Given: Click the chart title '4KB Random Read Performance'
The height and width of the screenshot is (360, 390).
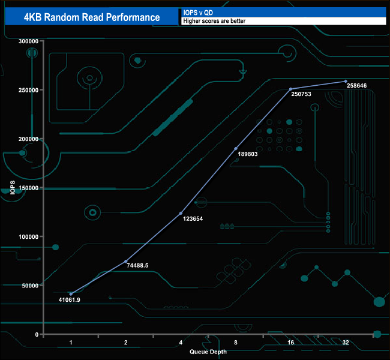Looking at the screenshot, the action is (x=92, y=17).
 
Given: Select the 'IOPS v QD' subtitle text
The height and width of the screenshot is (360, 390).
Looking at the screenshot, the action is (x=198, y=13).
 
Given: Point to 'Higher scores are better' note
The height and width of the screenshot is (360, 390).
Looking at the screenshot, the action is (x=214, y=21).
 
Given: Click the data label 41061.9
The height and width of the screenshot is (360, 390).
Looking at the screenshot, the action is (x=70, y=300).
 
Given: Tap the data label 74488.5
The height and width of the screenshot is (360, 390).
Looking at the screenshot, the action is (x=137, y=265).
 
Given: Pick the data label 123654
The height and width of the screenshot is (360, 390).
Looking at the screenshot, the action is (x=193, y=218).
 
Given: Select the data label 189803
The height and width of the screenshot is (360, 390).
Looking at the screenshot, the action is (x=248, y=154).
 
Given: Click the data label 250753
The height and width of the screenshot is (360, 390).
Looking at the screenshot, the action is (x=301, y=94).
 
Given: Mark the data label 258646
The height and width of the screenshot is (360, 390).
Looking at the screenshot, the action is (x=356, y=86).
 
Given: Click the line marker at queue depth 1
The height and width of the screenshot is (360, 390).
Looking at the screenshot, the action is (x=71, y=294).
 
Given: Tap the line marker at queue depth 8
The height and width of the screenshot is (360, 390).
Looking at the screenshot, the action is (x=236, y=149).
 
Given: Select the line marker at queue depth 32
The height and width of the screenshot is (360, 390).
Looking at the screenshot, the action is (x=346, y=82).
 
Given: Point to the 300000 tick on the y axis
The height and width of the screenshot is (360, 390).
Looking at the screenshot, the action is (x=28, y=41).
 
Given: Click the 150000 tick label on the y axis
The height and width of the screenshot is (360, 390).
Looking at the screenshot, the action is (x=28, y=188).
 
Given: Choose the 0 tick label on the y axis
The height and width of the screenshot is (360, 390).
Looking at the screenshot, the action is (x=37, y=335).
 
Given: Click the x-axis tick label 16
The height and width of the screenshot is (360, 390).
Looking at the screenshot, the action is (x=291, y=343).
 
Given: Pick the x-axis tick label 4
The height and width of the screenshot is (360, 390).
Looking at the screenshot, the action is (x=181, y=343).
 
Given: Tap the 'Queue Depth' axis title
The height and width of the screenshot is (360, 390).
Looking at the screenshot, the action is (x=208, y=352).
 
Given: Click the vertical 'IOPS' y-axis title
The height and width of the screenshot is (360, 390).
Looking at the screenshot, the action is (x=13, y=188).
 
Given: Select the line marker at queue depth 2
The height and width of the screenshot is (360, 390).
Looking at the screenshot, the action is (x=126, y=261).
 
